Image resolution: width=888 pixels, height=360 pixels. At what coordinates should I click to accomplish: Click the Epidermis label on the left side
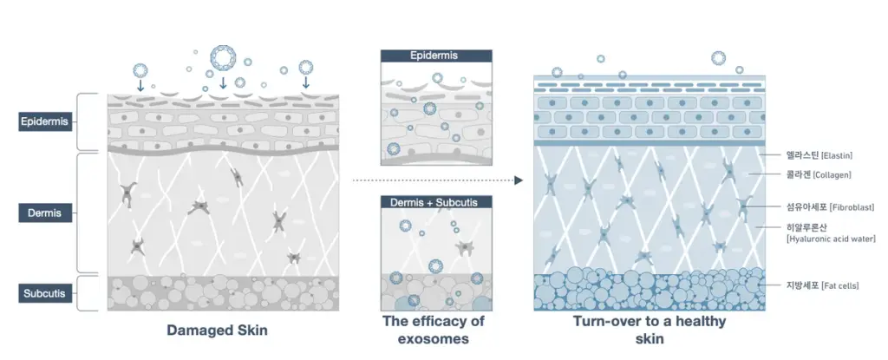click(x=45, y=121)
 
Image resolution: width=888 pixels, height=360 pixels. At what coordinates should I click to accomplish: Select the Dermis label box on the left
click(x=45, y=213)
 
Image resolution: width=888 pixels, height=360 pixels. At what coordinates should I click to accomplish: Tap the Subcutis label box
click(x=45, y=294)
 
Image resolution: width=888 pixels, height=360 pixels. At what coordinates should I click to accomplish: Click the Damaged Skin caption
click(x=217, y=330)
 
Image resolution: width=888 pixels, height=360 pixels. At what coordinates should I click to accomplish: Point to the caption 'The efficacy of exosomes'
click(x=434, y=330)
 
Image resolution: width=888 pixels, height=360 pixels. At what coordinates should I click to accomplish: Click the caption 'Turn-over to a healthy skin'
click(x=649, y=330)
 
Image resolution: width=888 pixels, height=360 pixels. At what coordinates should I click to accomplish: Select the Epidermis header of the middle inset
click(x=436, y=56)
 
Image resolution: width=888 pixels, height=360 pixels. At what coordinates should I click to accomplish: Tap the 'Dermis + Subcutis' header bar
click(x=436, y=202)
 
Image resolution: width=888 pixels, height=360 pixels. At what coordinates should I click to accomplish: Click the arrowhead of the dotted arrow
click(x=519, y=180)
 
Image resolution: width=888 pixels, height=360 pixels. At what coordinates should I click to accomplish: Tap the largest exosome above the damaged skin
click(x=223, y=57)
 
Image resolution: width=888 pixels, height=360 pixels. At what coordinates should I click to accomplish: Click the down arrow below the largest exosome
click(x=223, y=82)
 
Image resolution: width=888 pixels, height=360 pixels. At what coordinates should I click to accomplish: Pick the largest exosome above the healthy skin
click(x=718, y=58)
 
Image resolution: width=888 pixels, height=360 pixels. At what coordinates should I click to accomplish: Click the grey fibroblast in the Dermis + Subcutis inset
click(x=466, y=248)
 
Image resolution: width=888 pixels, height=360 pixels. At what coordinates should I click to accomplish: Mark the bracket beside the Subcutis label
click(x=81, y=293)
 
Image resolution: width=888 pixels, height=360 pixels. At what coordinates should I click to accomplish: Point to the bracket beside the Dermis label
click(x=81, y=213)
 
